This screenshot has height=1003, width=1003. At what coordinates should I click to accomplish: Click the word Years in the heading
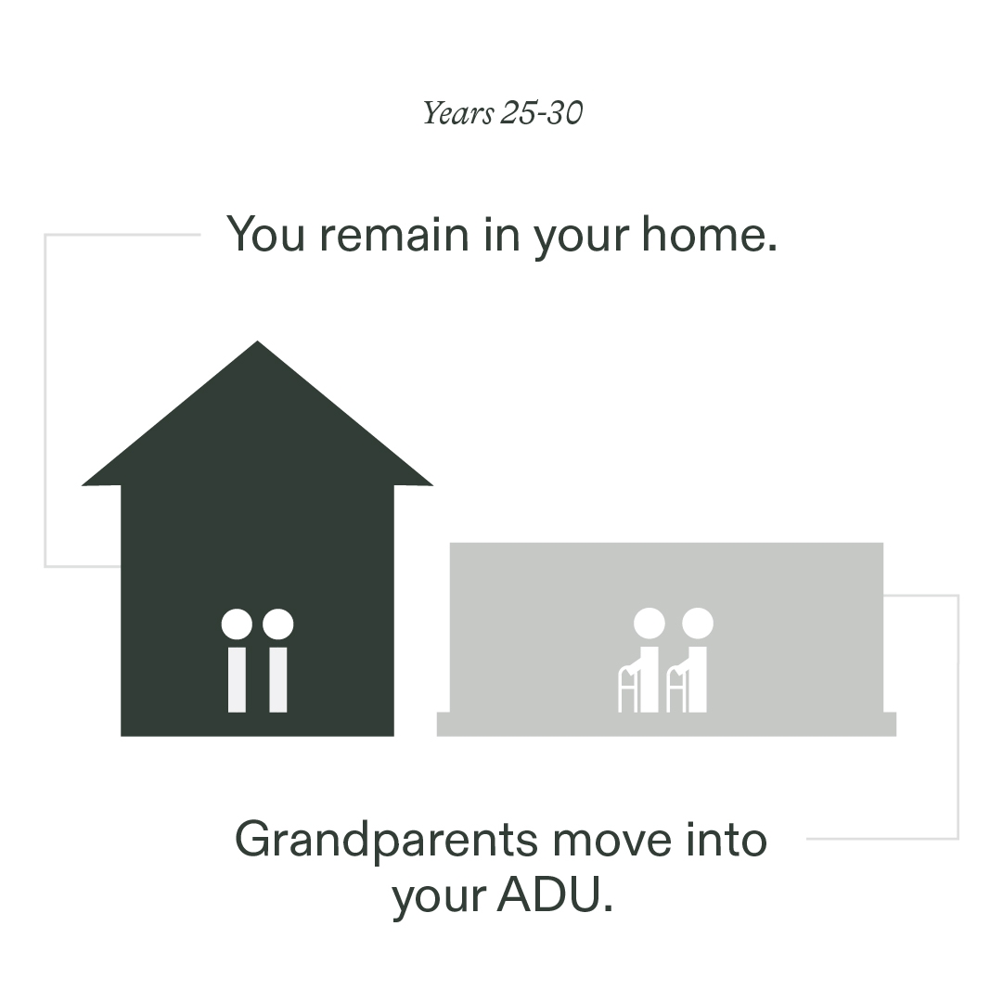pyautogui.click(x=458, y=114)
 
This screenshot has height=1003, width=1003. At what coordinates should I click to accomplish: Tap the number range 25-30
pyautogui.click(x=542, y=112)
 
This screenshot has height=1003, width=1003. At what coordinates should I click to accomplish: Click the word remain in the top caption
pyautogui.click(x=394, y=235)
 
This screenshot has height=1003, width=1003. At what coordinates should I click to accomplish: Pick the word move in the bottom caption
pyautogui.click(x=612, y=841)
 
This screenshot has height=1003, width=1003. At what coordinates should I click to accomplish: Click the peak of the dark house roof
pyautogui.click(x=257, y=341)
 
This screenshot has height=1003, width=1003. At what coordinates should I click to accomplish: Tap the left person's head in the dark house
pyautogui.click(x=237, y=624)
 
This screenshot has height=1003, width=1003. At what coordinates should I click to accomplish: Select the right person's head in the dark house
pyautogui.click(x=278, y=624)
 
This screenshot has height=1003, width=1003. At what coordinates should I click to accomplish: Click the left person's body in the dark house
pyautogui.click(x=237, y=679)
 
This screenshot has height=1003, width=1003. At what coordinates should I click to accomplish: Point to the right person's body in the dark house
pyautogui.click(x=278, y=679)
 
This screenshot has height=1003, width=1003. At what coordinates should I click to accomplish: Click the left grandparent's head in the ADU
pyautogui.click(x=649, y=623)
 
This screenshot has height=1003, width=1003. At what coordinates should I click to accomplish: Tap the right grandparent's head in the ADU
pyautogui.click(x=697, y=623)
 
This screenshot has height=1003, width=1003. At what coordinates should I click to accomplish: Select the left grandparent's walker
pyautogui.click(x=629, y=689)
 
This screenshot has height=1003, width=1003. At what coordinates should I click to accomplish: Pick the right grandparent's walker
pyautogui.click(x=677, y=689)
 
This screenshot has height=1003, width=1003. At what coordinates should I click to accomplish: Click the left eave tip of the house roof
pyautogui.click(x=83, y=485)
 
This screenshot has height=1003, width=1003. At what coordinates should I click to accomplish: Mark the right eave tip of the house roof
pyautogui.click(x=432, y=485)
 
